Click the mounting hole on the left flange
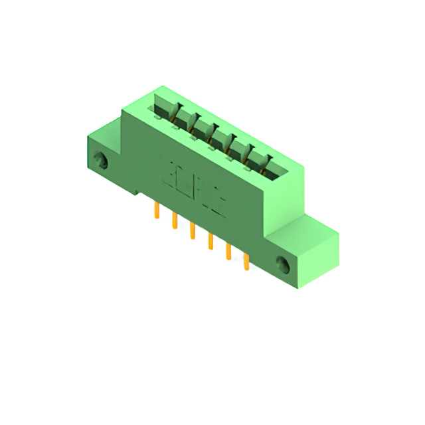click(101, 160)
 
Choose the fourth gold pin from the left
click(211, 240)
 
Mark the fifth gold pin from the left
click(228, 251)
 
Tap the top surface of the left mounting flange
click(104, 133)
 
